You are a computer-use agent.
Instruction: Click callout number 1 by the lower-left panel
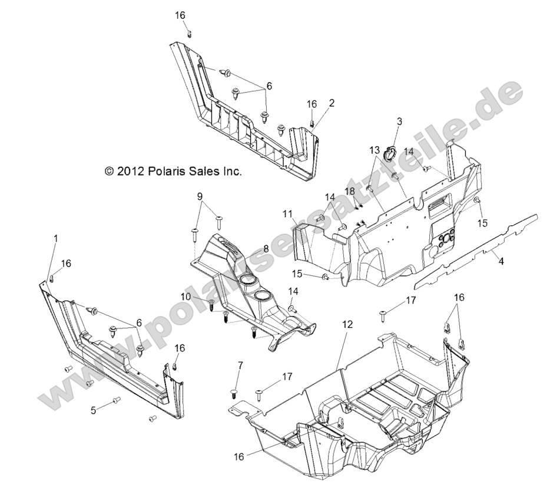(x=56, y=238)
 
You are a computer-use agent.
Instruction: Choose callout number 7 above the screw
(x=240, y=367)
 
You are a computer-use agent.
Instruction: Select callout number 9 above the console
(x=199, y=196)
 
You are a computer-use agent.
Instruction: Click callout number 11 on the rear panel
(x=288, y=213)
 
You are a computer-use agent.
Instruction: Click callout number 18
(x=350, y=192)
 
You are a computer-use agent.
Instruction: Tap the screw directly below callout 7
(x=234, y=393)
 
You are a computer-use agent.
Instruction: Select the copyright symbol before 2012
(x=108, y=171)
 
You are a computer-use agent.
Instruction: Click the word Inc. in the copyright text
(x=230, y=171)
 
